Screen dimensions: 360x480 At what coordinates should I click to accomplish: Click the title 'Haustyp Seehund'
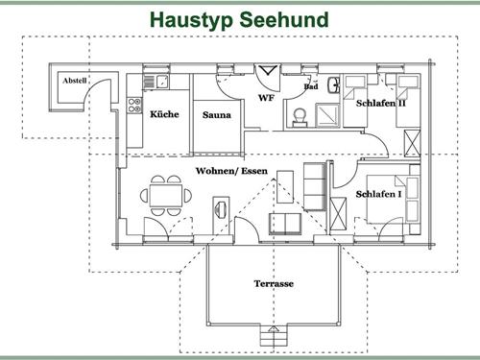pos(239,19)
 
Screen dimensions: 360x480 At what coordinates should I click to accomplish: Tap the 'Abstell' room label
pos(74,81)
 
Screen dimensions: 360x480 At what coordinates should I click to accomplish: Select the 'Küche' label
pos(164,115)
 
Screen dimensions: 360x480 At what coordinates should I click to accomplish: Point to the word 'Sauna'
pos(216,116)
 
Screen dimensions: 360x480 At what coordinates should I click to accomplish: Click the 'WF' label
pos(266,99)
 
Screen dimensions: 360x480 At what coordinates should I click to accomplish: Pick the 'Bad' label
pos(311,87)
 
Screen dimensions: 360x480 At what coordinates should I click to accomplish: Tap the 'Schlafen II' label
pos(381,103)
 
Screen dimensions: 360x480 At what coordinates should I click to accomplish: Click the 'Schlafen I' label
pos(379,194)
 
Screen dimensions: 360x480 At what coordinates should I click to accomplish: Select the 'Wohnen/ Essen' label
pos(231,171)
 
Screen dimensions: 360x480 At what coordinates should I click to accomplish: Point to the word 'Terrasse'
pos(273,284)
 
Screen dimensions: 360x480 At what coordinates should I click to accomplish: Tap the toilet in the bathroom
pos(300,114)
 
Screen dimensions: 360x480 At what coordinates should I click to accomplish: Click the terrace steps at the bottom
pos(274,339)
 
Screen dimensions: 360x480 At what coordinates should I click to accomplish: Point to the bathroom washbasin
pos(330,84)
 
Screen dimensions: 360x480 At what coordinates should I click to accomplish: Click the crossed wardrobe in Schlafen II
pos(413,142)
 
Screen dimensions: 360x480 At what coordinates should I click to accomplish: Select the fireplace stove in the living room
pos(221,207)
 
